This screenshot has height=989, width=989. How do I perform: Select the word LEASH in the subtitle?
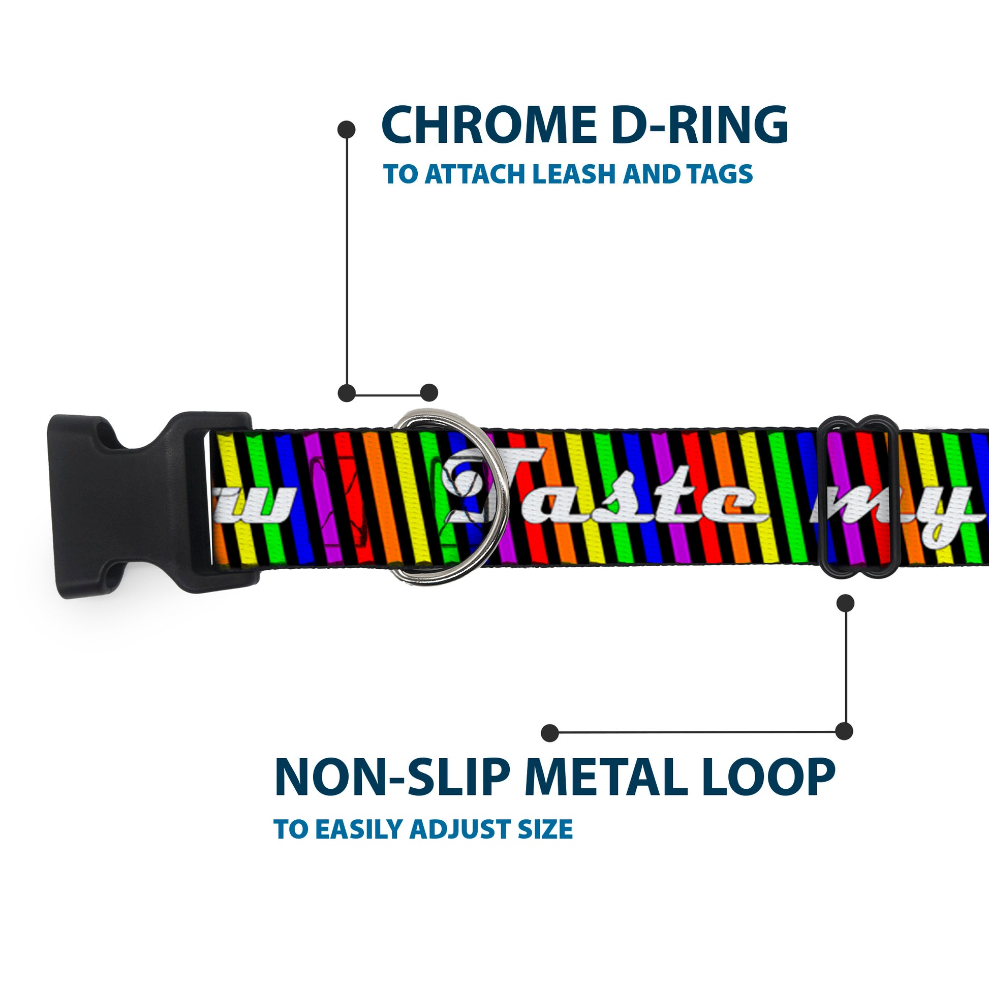[x=573, y=174]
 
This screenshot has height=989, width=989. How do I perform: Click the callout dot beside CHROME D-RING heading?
[x=347, y=130]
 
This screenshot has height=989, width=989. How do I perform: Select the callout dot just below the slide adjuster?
[x=845, y=603]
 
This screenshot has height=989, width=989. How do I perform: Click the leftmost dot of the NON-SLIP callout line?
[x=550, y=732]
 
